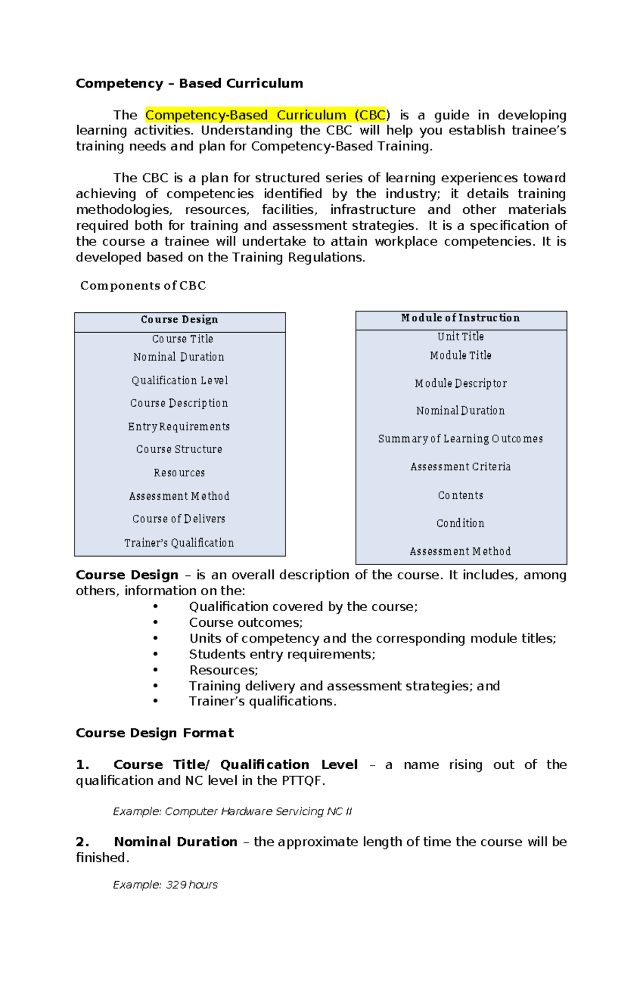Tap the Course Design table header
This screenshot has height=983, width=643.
click(180, 320)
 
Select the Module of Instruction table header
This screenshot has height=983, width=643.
click(460, 318)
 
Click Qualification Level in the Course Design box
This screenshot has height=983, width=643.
click(180, 380)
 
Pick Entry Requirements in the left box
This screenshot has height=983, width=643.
click(179, 427)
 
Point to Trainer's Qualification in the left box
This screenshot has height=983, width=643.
click(179, 543)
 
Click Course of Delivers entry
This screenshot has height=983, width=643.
click(179, 519)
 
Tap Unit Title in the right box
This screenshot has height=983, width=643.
click(460, 337)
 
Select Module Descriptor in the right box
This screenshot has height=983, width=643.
click(460, 384)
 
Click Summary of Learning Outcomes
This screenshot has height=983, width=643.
click(460, 439)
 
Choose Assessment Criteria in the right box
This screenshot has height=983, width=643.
click(460, 467)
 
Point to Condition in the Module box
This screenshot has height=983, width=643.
click(460, 523)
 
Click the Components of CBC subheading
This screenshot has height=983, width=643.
click(143, 286)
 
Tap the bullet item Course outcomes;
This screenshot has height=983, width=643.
click(245, 622)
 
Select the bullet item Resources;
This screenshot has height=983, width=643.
click(223, 670)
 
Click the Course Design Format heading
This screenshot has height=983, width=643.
click(154, 733)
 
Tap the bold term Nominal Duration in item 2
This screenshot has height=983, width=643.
click(175, 842)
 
